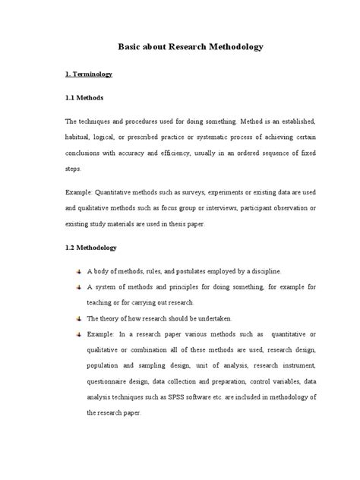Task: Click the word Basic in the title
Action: point(131,47)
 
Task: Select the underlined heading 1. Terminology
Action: point(88,74)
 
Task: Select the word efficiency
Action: point(185,154)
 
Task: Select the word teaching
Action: point(103,302)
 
